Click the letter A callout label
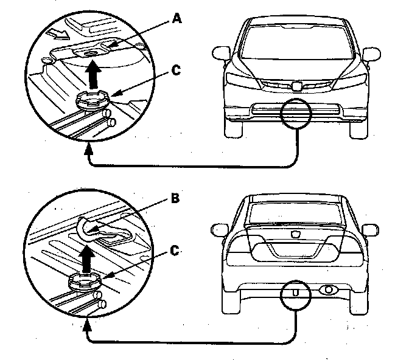[x=177, y=19]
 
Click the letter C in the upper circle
[x=177, y=71]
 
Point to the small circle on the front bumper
[x=296, y=113]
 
